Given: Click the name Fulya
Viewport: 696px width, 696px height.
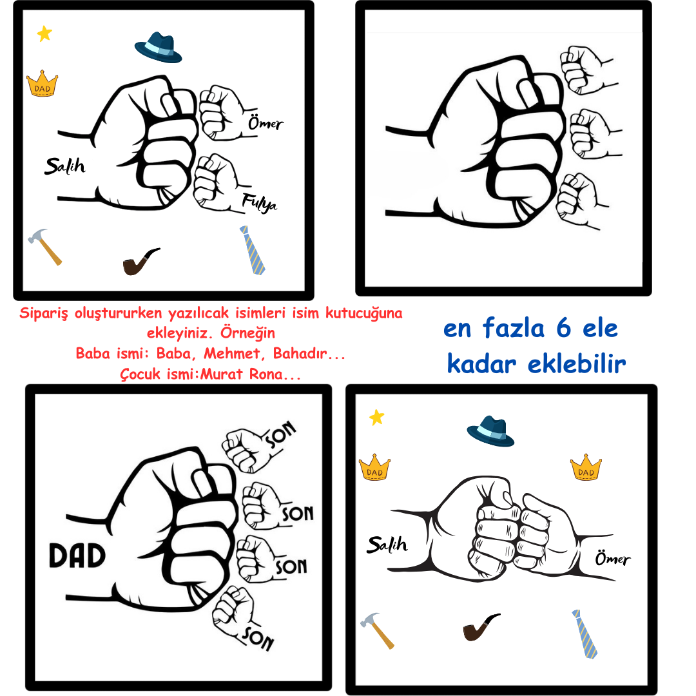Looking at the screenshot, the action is (259, 203).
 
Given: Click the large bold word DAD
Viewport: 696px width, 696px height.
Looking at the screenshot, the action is (77, 556).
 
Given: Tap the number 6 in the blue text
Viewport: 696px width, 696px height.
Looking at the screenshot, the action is (563, 329).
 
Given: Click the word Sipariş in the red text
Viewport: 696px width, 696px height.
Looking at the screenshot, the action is (44, 313).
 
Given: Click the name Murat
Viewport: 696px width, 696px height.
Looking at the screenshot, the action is (222, 374).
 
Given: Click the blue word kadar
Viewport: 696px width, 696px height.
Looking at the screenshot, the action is (481, 364).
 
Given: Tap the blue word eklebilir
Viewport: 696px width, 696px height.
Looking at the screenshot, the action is (577, 364).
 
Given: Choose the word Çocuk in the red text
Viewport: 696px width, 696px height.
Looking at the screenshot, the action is (140, 374).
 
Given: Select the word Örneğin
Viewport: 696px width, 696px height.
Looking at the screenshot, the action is (247, 333).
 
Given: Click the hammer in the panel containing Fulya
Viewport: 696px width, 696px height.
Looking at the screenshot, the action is (45, 247).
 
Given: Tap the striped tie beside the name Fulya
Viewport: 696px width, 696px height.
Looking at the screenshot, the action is (253, 250).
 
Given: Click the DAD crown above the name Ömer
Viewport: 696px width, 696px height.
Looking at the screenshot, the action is (586, 467).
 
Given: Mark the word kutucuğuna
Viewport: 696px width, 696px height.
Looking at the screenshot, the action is (364, 313).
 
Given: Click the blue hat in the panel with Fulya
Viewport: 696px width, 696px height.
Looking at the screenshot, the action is (158, 47).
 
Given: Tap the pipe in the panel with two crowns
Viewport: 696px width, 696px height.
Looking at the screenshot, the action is (481, 627).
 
